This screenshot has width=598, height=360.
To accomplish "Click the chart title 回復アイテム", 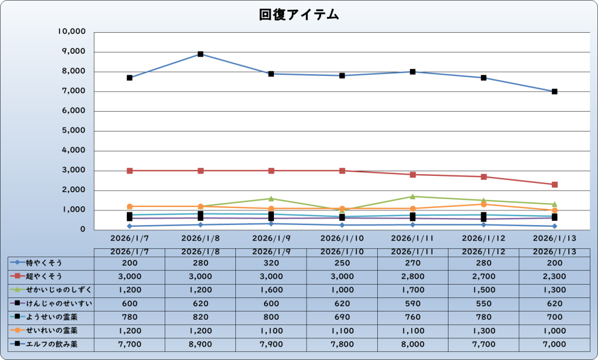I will click(299, 15).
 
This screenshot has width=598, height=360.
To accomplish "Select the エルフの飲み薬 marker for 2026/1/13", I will click(554, 92).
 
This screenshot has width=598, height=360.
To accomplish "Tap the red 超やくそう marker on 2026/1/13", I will click(554, 185).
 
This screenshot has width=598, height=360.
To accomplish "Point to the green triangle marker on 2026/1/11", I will click(413, 196).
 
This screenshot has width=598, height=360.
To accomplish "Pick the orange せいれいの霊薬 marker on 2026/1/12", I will click(484, 204).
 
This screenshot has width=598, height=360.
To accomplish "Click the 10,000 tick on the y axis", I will click(72, 32).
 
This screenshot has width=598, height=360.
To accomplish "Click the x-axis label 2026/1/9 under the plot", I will click(272, 238).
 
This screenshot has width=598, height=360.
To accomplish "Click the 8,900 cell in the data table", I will click(200, 345).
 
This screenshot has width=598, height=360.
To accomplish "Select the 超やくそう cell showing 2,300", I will click(554, 276).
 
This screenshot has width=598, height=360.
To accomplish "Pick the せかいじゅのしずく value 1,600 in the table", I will click(272, 290).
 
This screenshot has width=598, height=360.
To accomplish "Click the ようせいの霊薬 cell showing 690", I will click(342, 317).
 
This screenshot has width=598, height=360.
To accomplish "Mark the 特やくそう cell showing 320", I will click(272, 262).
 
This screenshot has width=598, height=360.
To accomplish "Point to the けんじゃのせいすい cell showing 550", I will click(484, 303).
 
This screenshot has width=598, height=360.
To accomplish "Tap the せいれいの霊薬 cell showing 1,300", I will click(484, 331).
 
